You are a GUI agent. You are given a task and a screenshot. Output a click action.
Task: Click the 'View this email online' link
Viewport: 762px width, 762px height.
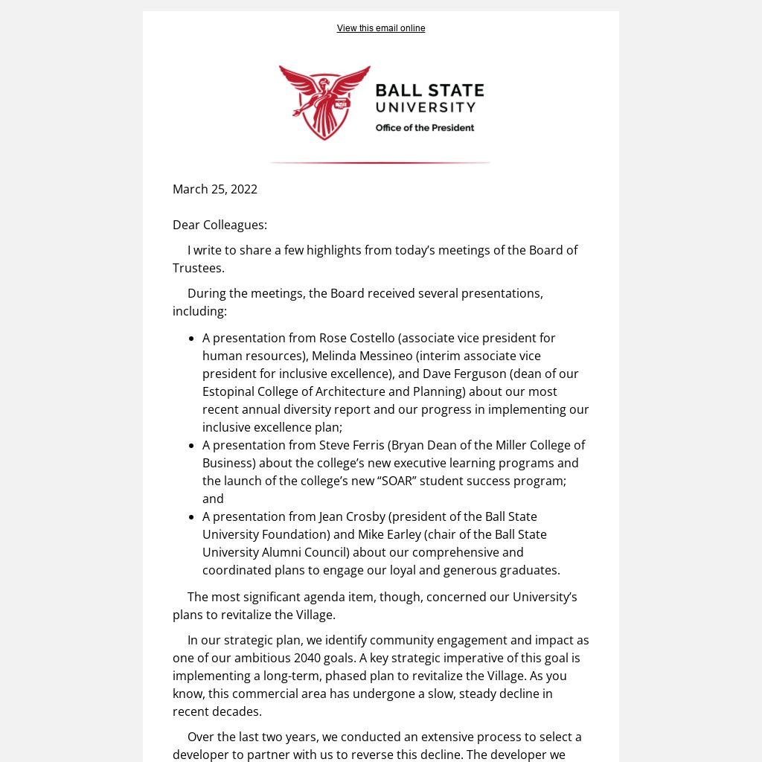[381, 28]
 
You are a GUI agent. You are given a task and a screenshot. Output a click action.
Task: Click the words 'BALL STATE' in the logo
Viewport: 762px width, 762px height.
[429, 91]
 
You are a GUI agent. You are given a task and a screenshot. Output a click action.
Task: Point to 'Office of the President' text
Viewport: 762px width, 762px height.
[424, 128]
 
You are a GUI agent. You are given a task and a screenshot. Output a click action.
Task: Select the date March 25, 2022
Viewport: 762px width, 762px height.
[215, 189]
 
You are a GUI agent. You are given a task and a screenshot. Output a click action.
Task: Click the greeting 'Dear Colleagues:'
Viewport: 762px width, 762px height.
[220, 225]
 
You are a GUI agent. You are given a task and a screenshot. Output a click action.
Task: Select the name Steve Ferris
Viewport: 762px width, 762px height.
[351, 445]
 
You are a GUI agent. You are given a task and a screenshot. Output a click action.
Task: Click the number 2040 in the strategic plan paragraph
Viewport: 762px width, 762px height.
[308, 658]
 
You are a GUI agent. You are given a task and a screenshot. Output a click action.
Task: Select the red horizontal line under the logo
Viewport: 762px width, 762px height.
[380, 162]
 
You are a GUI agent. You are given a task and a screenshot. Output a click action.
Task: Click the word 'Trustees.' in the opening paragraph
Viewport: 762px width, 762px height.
[199, 268]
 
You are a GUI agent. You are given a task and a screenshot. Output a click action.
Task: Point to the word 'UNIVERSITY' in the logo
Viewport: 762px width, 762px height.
[426, 108]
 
